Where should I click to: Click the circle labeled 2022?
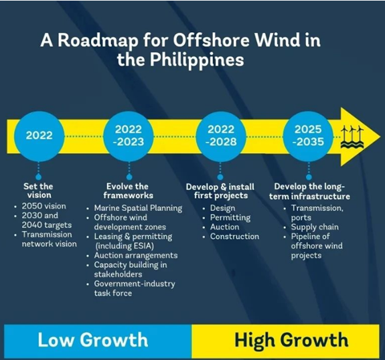[39, 136]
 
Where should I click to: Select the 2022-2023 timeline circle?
[129, 136]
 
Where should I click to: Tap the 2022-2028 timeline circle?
[221, 136]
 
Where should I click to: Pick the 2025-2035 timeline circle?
[309, 136]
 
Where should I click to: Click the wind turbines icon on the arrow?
[352, 137]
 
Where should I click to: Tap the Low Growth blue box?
[98, 341]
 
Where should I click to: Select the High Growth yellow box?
[285, 341]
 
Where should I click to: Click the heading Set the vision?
[39, 191]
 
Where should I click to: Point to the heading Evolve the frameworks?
[128, 191]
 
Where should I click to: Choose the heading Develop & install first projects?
[220, 191]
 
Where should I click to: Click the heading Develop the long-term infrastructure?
[309, 191]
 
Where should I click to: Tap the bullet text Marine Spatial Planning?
[138, 208]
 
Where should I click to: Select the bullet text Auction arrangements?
[136, 256]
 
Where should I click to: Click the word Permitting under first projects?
[230, 217]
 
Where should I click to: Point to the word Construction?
[234, 236]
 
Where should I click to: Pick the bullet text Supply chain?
[315, 228]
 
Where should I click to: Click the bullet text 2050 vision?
[44, 206]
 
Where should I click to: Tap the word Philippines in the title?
[197, 60]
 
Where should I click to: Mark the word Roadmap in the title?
[98, 40]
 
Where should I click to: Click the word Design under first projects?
[223, 208]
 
